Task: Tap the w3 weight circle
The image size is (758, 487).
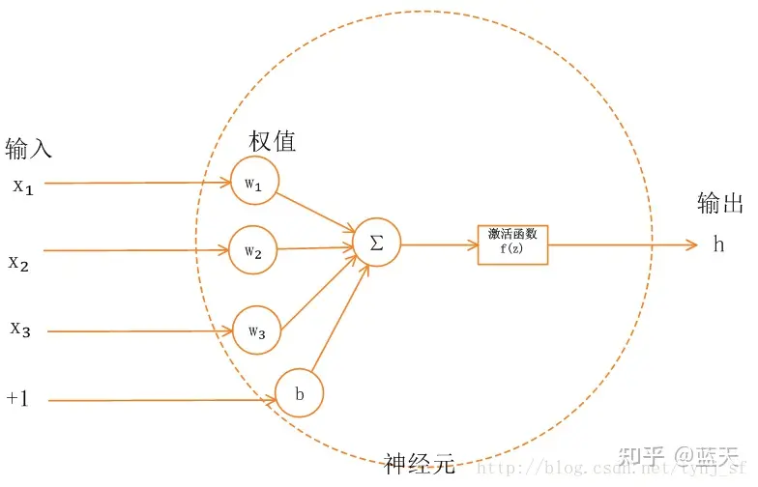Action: tap(256, 330)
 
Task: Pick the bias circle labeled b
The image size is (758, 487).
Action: tap(299, 394)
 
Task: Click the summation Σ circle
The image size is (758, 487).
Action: tap(376, 243)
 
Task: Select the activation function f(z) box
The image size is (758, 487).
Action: tap(512, 243)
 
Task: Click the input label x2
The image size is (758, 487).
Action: tap(19, 261)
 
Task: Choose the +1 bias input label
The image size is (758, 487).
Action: tap(17, 397)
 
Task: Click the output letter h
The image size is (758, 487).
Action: tap(718, 244)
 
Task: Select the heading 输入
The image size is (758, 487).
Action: tap(29, 149)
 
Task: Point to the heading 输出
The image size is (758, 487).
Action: tap(720, 204)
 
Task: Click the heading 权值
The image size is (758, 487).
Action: tap(273, 141)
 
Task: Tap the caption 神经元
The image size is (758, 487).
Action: tap(418, 464)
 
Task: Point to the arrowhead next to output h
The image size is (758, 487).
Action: tap(689, 244)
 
